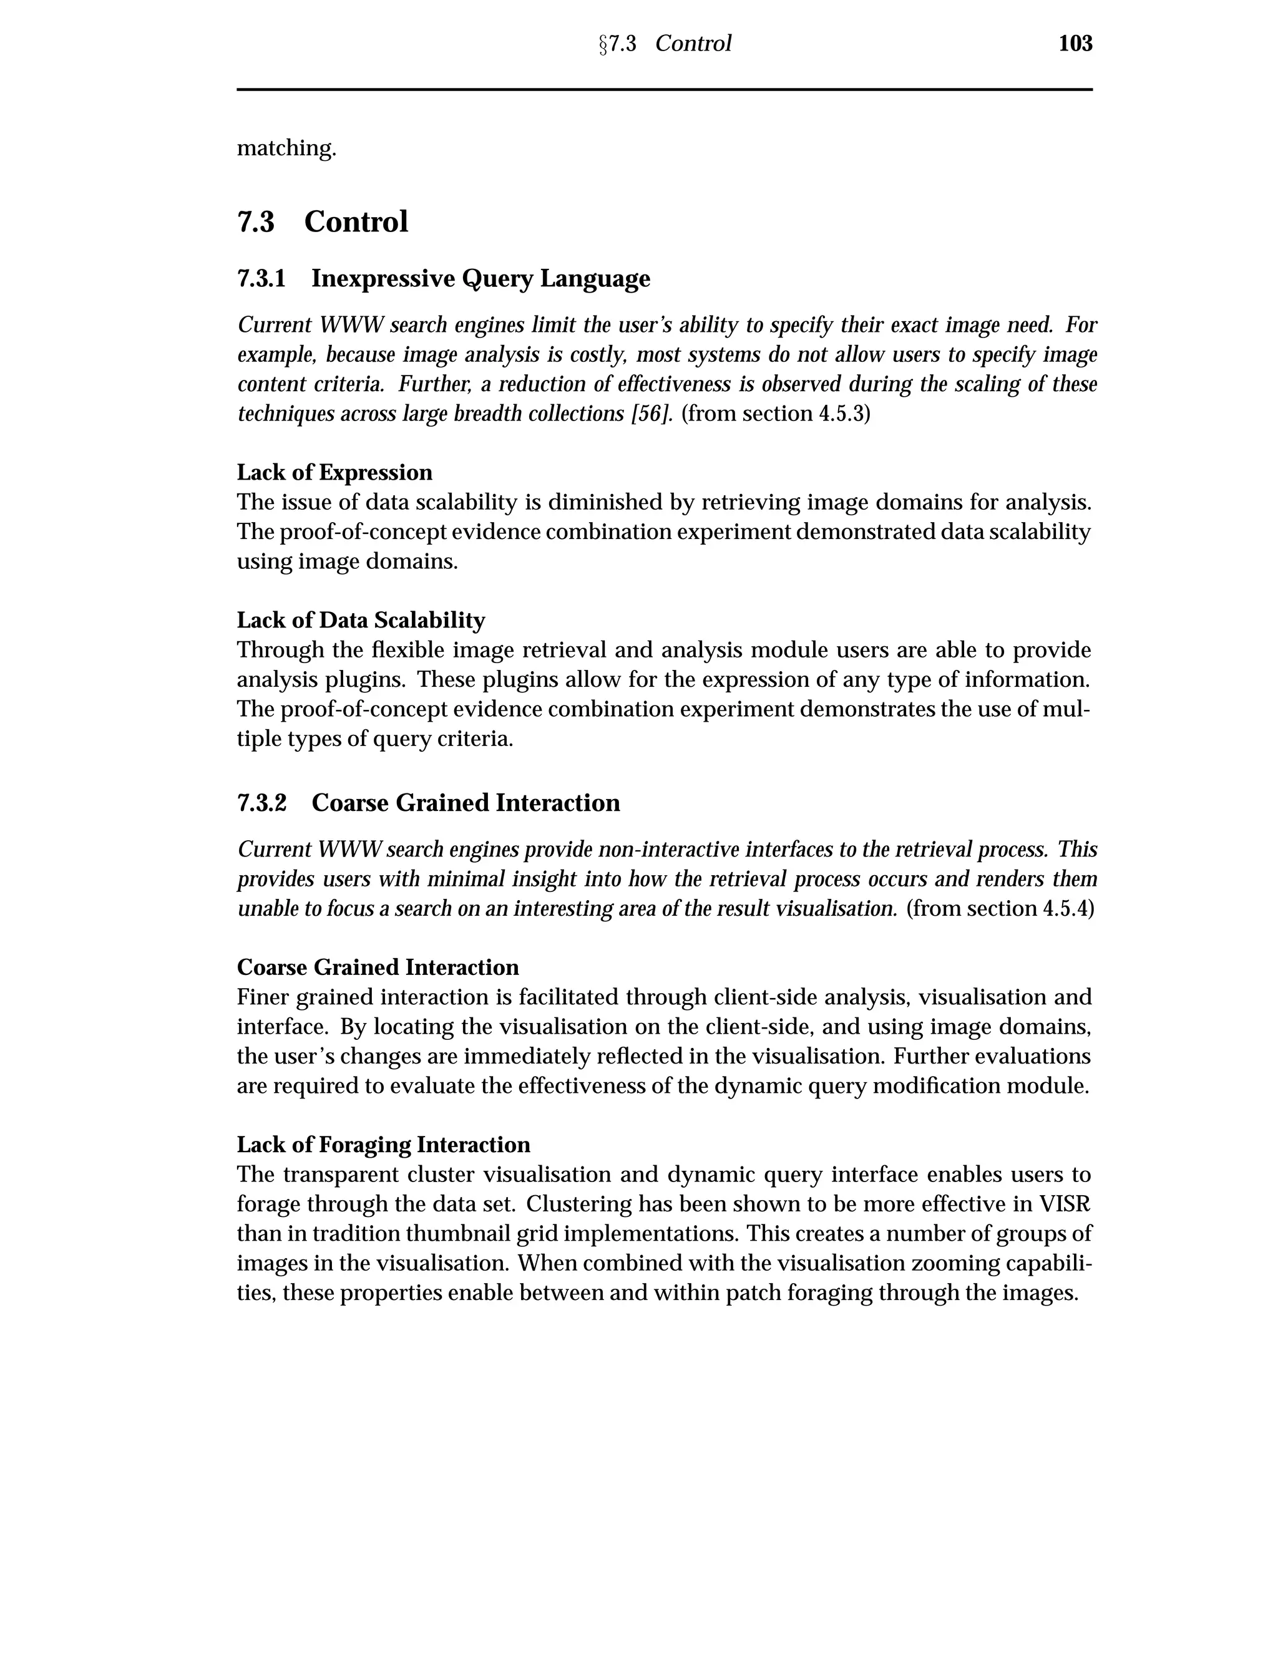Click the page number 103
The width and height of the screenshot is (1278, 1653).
(1075, 44)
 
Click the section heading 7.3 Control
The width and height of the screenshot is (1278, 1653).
(323, 222)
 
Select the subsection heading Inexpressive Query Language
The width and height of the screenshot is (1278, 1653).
(480, 279)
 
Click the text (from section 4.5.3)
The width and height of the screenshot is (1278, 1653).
(776, 414)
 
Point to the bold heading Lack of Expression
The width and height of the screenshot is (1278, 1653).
(334, 472)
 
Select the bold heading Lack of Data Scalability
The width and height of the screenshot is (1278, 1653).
(361, 620)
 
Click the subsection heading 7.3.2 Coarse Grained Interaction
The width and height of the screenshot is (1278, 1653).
(429, 802)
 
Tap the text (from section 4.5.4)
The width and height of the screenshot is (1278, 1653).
(1000, 908)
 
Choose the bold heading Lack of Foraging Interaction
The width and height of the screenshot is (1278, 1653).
(383, 1145)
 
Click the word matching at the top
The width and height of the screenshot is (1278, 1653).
(286, 148)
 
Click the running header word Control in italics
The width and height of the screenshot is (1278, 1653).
(693, 44)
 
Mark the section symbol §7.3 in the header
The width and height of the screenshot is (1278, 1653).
(617, 44)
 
